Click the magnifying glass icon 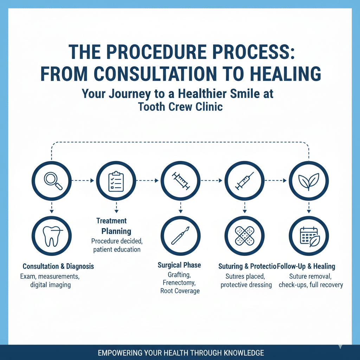pyautogui.click(x=52, y=181)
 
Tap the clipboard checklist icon pyautogui.click(x=116, y=181)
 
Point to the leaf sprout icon pyautogui.click(x=308, y=181)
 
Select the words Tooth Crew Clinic pyautogui.click(x=180, y=107)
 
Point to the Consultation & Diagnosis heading pyautogui.click(x=58, y=266)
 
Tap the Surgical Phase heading pyautogui.click(x=179, y=265)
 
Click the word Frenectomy pyautogui.click(x=180, y=282)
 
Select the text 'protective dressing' pyautogui.click(x=246, y=285)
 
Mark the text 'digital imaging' pyautogui.click(x=51, y=285)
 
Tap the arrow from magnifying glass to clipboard pyautogui.click(x=83, y=181)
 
